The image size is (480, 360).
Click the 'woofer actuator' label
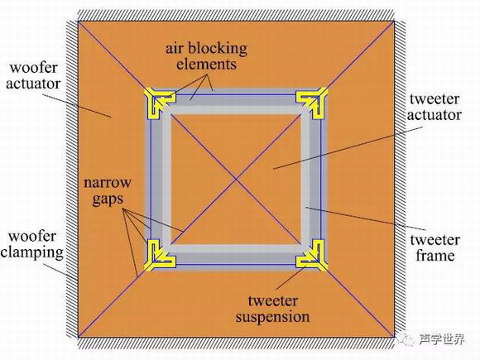coord(33,75)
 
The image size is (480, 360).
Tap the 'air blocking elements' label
coord(206,56)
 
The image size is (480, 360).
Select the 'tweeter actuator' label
coord(434,107)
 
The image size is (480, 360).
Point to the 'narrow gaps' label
coord(108,191)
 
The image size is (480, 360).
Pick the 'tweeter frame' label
coord(435,248)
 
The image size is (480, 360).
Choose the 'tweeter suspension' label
coord(272,310)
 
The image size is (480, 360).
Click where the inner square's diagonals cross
coord(236,180)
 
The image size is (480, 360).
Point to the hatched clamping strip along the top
coord(236,15)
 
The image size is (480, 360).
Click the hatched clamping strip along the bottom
coord(236,343)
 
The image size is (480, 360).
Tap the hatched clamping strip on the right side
coord(400,180)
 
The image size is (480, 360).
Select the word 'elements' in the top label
coord(206,65)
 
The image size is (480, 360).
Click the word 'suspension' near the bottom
coord(272,317)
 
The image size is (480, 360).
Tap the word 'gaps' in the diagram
coord(108,199)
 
